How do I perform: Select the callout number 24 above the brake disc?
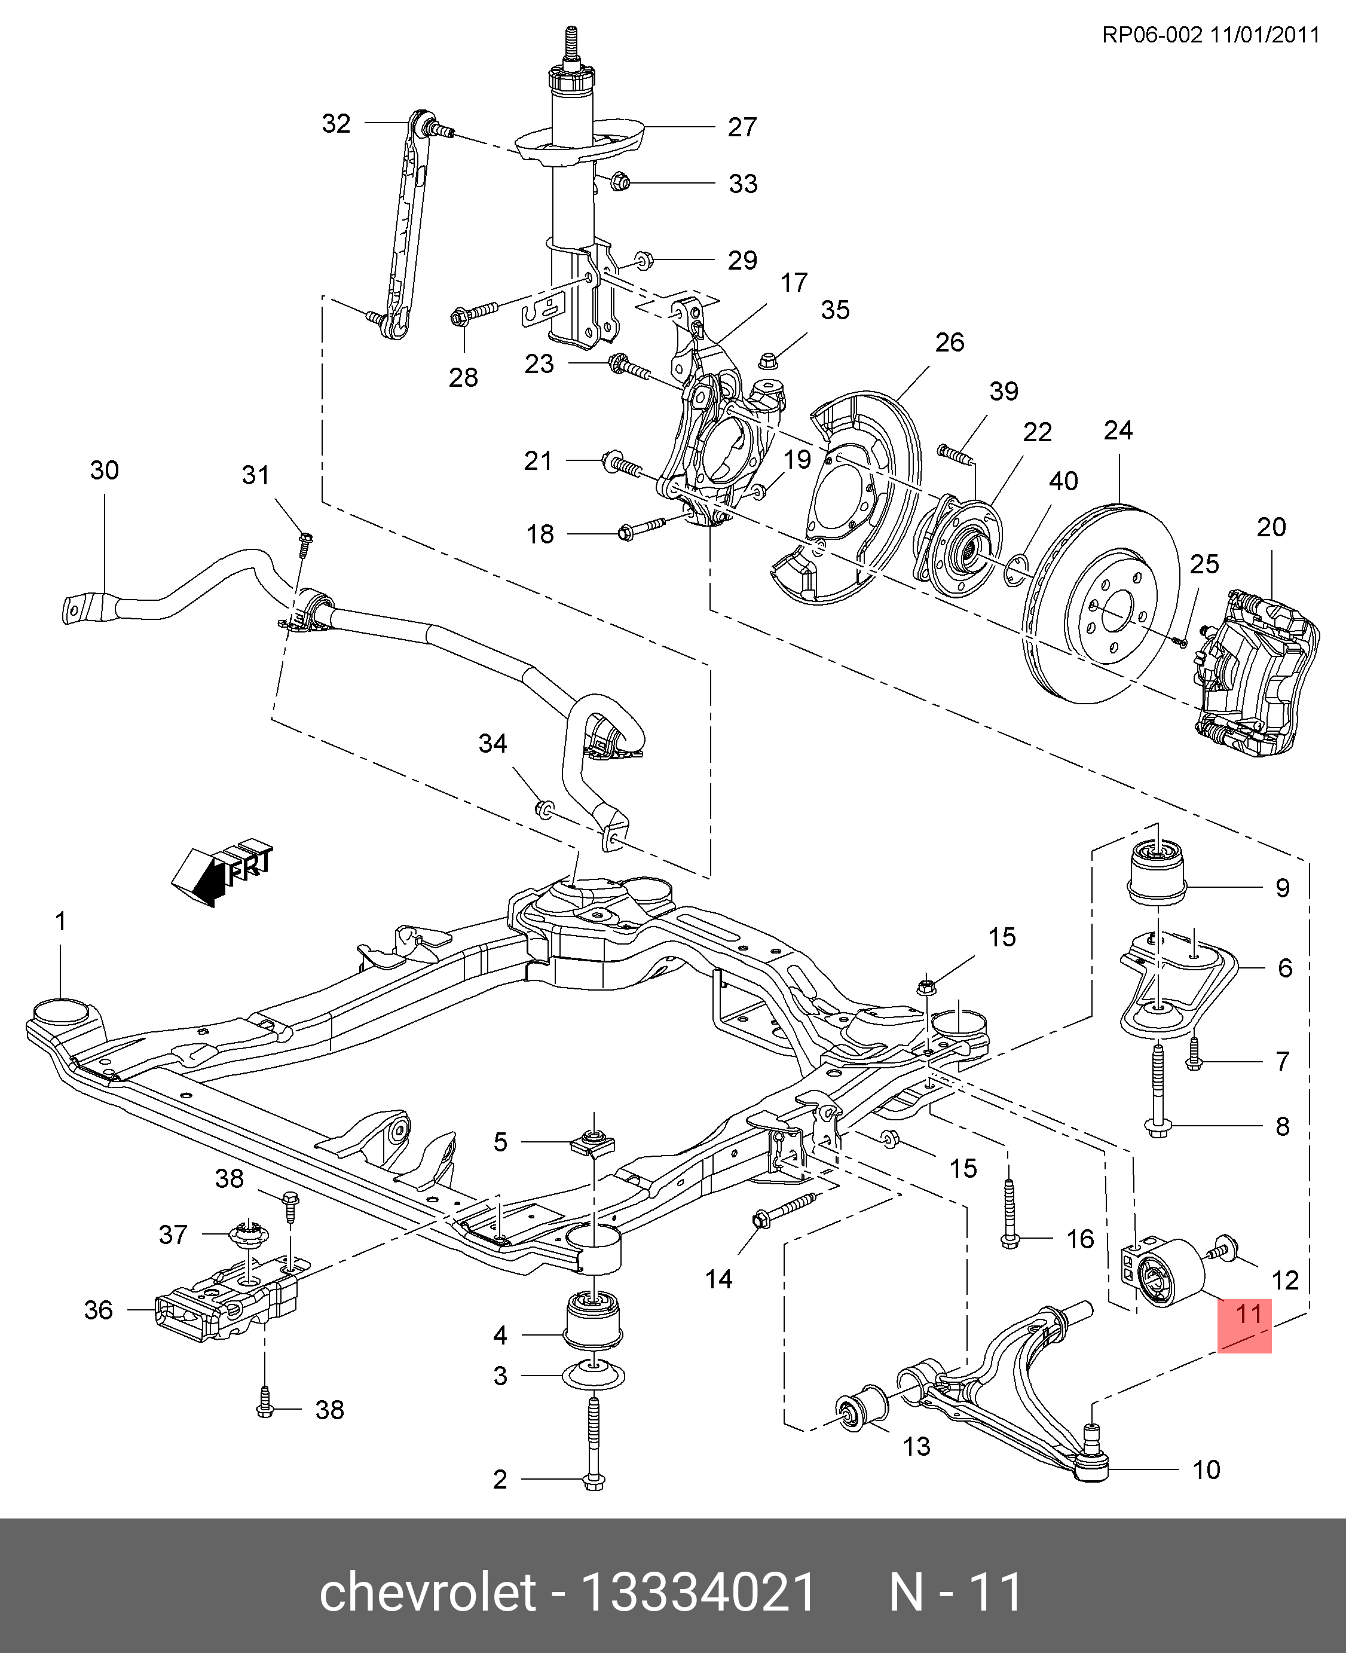(1118, 430)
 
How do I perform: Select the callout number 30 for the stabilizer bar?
(105, 470)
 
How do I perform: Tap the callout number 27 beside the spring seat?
(742, 126)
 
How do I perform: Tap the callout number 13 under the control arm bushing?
(916, 1446)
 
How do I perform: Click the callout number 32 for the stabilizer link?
(336, 123)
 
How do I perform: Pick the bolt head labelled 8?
(1157, 1129)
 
